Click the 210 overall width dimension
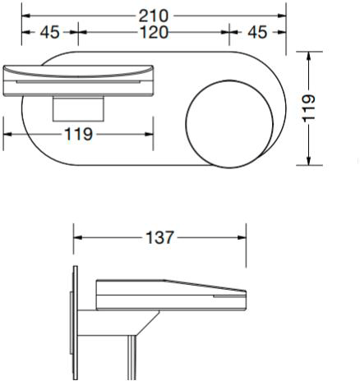(x=154, y=16)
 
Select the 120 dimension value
(x=154, y=32)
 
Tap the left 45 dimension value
(x=49, y=32)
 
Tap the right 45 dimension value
(x=257, y=32)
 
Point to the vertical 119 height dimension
(x=308, y=108)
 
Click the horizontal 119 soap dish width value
(x=79, y=134)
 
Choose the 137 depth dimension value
(x=159, y=237)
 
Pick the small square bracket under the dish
(x=78, y=108)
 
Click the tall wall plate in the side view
(x=76, y=323)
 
